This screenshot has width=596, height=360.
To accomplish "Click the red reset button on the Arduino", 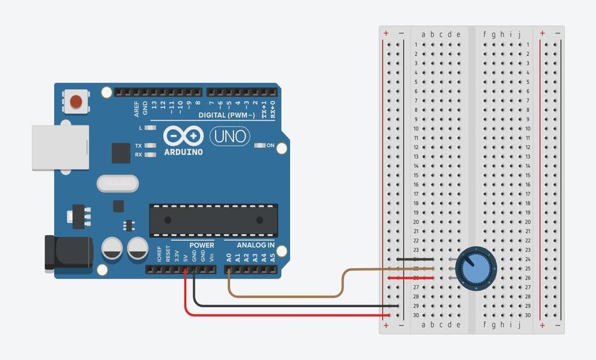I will pyautogui.click(x=76, y=101).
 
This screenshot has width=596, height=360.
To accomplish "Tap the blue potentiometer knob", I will pyautogui.click(x=474, y=268).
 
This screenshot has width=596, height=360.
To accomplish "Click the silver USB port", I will pyautogui.click(x=61, y=147).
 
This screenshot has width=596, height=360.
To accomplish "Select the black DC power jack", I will pyautogui.click(x=67, y=252).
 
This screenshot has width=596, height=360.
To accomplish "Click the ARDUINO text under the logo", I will pyautogui.click(x=184, y=152).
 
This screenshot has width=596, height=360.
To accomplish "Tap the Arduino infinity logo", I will pyautogui.click(x=184, y=136).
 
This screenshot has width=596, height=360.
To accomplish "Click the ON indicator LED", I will pyautogui.click(x=259, y=145).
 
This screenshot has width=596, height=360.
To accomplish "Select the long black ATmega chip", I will pyautogui.click(x=214, y=220).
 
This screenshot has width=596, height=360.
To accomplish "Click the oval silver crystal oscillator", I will pyautogui.click(x=118, y=184).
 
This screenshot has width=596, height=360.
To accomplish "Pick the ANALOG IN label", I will pyautogui.click(x=256, y=245).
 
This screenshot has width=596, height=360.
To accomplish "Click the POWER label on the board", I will pyautogui.click(x=201, y=245).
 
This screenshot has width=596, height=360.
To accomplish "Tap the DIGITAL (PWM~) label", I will pyautogui.click(x=226, y=115).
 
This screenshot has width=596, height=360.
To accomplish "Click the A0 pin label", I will pyautogui.click(x=229, y=257).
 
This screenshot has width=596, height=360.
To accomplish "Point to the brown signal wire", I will pyautogui.click(x=287, y=296).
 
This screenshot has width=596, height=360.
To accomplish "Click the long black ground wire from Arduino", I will pyautogui.click(x=293, y=306).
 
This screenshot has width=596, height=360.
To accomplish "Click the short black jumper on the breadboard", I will pyautogui.click(x=414, y=259).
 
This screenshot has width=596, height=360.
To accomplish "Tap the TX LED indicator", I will pyautogui.click(x=150, y=145).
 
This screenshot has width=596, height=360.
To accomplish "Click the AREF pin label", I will pyautogui.click(x=136, y=108).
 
